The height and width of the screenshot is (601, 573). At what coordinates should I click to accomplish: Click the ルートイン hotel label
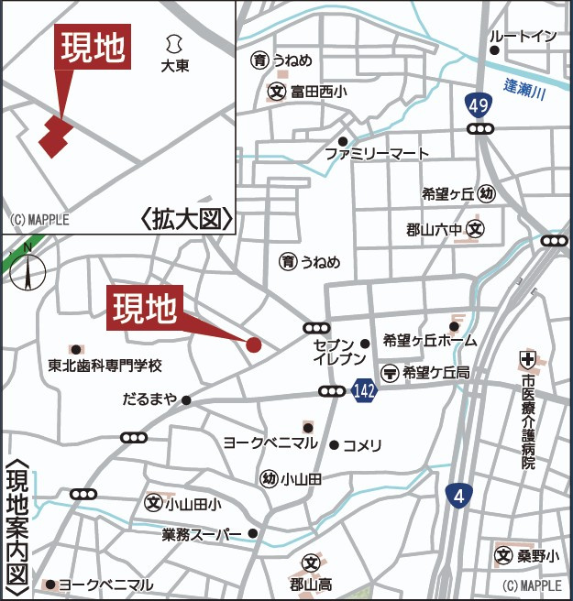coord(523,36)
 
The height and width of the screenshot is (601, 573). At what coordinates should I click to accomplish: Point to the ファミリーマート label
coord(377,154)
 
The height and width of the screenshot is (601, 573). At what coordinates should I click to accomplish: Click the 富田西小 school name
coord(319,92)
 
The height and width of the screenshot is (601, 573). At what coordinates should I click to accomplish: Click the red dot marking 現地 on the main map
coord(254,344)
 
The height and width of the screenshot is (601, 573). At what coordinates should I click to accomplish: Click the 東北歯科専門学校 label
coord(105,365)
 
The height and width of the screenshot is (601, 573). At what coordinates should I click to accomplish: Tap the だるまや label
coord(149,399)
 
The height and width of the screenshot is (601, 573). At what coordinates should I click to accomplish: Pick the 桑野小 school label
coord(536,555)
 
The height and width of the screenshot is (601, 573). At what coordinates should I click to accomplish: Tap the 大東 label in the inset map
coord(174,66)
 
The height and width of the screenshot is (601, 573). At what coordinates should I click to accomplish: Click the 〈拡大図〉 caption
coord(187,219)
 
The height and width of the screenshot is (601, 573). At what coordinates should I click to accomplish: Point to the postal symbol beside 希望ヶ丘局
coord(390,372)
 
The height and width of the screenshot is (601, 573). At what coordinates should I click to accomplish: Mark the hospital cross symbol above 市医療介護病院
coord(528,356)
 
